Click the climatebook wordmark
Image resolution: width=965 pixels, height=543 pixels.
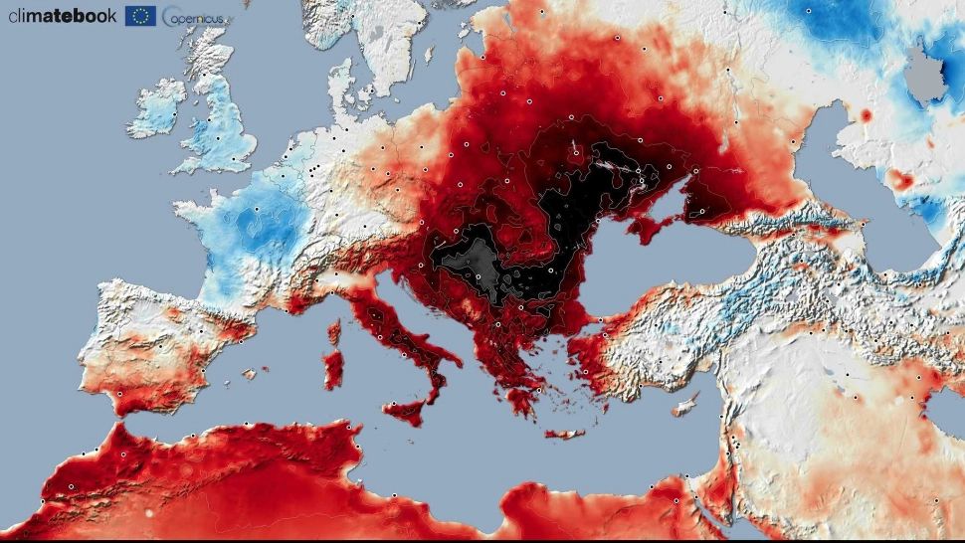tap(62, 15)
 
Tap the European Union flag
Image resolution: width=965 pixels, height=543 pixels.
tap(140, 15)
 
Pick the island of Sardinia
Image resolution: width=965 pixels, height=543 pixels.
tap(333, 368)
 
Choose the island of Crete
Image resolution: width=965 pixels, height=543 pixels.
tap(563, 434)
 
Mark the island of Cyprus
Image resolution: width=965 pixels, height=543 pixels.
tap(685, 407)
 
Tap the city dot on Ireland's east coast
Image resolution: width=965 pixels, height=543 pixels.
tap(175, 114)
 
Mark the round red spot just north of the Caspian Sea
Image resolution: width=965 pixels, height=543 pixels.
tap(865, 116)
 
